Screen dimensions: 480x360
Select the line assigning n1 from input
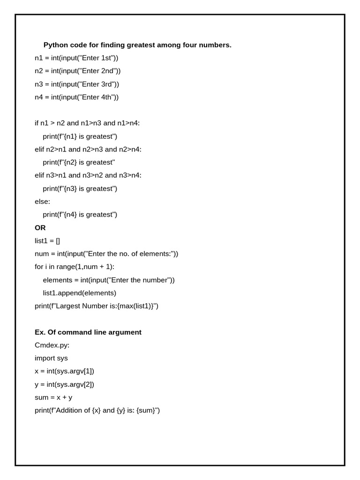76,58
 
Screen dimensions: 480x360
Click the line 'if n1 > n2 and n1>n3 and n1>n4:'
87,123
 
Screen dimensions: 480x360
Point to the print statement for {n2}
79,162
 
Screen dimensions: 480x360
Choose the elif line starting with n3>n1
88,175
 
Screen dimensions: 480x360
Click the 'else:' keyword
42,202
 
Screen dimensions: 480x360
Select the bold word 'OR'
40,228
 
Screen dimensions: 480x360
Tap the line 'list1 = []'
47,241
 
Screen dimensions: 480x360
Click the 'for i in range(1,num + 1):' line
75,267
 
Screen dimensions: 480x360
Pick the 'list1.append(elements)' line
79,293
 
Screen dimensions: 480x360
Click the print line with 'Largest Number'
97,306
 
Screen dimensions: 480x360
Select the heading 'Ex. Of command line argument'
88,332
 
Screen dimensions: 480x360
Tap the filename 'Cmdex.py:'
52,345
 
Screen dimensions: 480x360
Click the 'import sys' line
51,358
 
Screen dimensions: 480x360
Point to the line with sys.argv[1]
64,371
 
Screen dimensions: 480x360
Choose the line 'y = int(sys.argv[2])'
64,384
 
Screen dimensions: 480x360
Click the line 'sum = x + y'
53,397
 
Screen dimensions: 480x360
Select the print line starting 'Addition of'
97,411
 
